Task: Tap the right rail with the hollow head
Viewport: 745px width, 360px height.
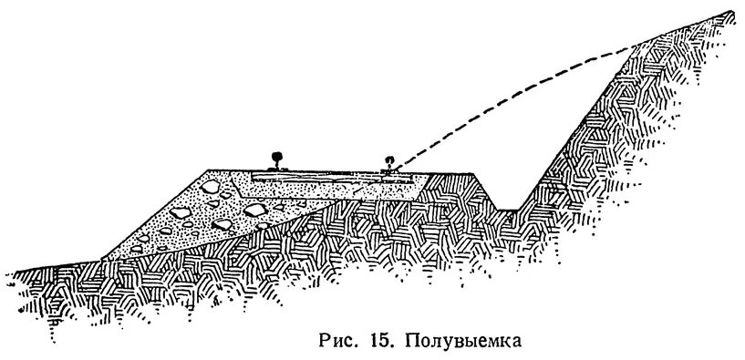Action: tap(389, 164)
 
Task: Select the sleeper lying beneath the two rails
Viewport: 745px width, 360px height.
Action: tap(328, 173)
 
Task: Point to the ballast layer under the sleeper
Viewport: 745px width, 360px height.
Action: tap(328, 187)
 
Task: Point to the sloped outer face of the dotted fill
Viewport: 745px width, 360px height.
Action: tap(155, 214)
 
